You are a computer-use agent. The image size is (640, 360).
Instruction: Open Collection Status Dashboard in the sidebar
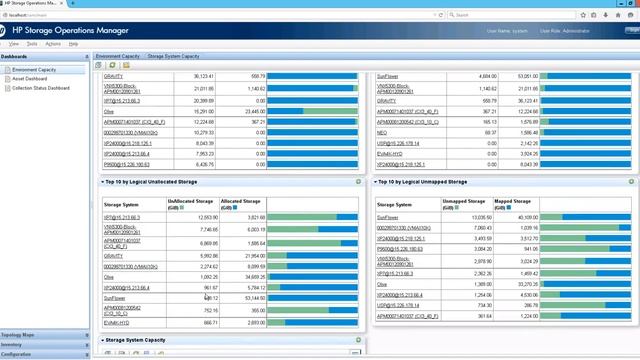click(x=42, y=87)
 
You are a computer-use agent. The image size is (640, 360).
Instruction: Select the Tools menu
click(x=32, y=44)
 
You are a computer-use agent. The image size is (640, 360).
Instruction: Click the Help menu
click(x=73, y=44)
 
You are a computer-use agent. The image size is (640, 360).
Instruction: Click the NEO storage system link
click(x=381, y=132)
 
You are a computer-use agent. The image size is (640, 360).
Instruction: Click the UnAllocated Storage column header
click(x=189, y=202)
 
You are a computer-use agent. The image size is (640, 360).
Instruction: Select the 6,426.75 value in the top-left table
click(x=203, y=165)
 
